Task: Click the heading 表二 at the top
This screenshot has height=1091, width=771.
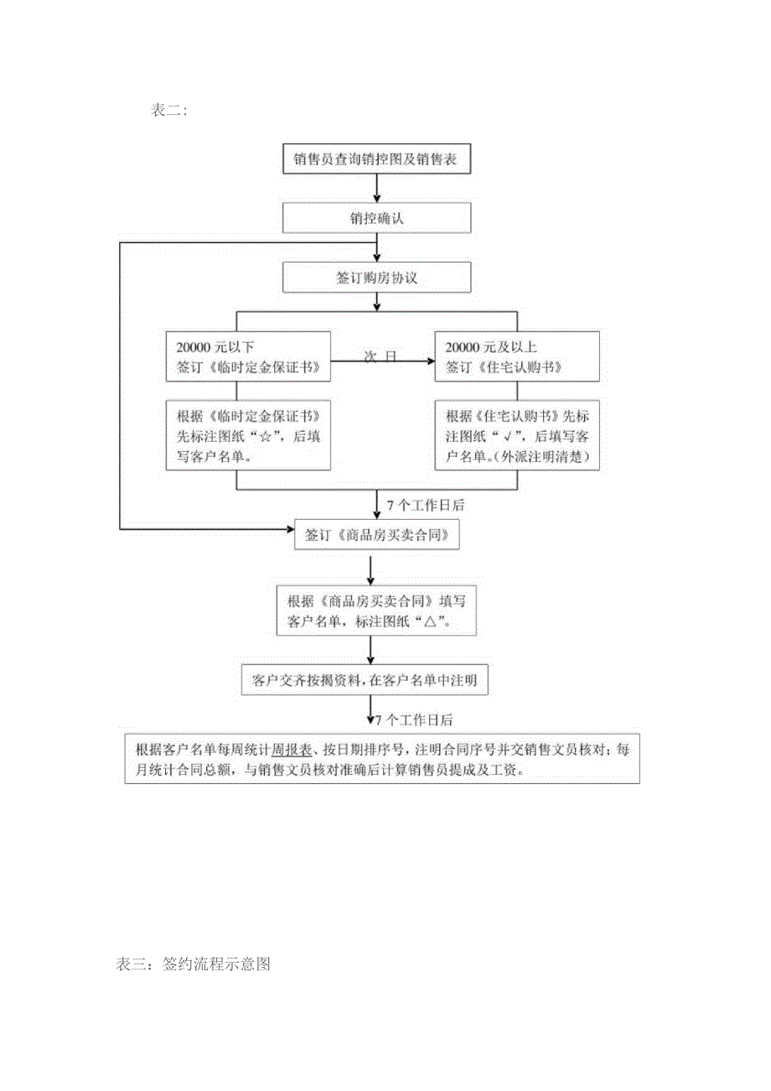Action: coord(170,111)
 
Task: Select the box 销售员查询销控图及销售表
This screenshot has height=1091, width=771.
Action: coord(377,157)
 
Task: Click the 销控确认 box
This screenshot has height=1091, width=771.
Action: coord(377,218)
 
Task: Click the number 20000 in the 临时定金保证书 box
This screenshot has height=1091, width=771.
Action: coord(196,347)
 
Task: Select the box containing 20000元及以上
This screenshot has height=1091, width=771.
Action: coord(517,356)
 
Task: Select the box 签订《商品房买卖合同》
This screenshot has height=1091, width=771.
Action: coord(377,534)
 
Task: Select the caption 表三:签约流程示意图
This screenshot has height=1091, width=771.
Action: coord(194,964)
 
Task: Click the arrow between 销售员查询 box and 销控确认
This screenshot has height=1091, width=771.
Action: coord(378,188)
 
